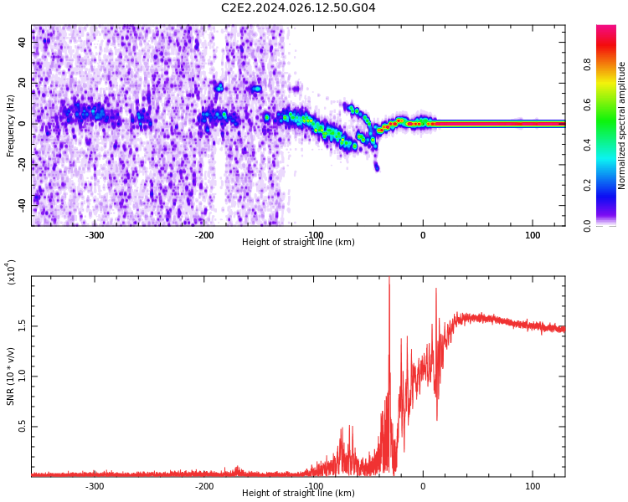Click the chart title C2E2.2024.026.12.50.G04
click(298, 8)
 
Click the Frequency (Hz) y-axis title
click(11, 125)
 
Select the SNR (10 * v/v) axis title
click(11, 376)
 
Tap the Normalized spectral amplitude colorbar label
click(622, 125)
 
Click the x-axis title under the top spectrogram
click(298, 243)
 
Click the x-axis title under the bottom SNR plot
click(298, 494)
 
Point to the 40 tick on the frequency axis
click(23, 43)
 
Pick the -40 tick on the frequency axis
click(21, 204)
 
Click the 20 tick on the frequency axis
click(23, 83)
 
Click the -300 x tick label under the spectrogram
click(95, 235)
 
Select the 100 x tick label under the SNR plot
click(533, 486)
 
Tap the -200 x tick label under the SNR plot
click(204, 486)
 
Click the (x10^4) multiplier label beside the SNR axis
click(11, 272)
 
